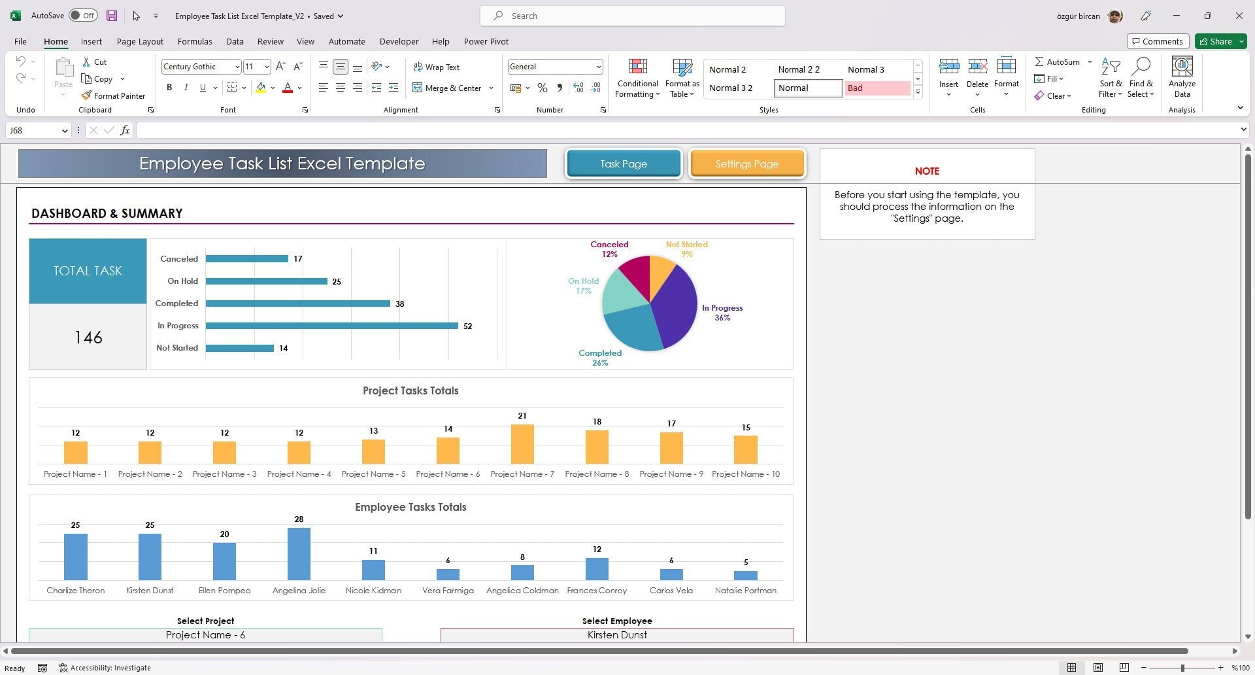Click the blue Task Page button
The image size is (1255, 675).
(624, 164)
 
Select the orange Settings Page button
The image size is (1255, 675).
(746, 164)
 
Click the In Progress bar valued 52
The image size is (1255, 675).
(331, 326)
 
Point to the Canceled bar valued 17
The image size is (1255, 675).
(247, 259)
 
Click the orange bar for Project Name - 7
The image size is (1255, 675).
(522, 444)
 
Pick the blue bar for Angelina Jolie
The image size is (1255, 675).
(299, 554)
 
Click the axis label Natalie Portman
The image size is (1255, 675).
(745, 591)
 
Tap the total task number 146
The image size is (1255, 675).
(88, 337)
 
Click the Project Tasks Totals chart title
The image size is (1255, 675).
(410, 391)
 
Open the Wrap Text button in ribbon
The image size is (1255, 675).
(436, 67)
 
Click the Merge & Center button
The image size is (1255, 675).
(447, 88)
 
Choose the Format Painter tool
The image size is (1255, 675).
(113, 96)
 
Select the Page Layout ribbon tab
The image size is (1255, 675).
(140, 42)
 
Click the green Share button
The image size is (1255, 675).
(1220, 42)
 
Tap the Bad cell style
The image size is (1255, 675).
(877, 88)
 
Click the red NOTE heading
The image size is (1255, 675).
(926, 171)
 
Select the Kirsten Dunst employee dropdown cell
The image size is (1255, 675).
(617, 635)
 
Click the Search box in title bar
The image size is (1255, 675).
(633, 16)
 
